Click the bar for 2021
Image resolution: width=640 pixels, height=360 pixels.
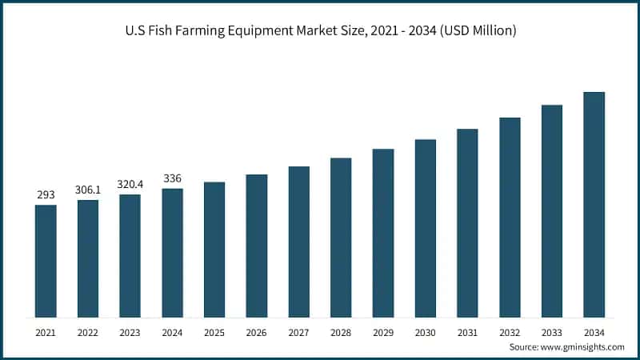click(x=46, y=261)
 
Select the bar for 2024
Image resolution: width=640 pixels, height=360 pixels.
click(x=172, y=253)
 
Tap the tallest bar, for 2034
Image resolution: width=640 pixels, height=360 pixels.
click(x=594, y=205)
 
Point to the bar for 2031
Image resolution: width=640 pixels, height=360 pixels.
click(x=467, y=223)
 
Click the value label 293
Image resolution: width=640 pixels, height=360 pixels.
click(x=46, y=194)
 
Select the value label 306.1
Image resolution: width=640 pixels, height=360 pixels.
click(x=88, y=190)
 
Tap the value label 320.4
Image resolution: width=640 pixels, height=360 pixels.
click(x=130, y=184)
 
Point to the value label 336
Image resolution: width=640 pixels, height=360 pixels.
click(x=172, y=178)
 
